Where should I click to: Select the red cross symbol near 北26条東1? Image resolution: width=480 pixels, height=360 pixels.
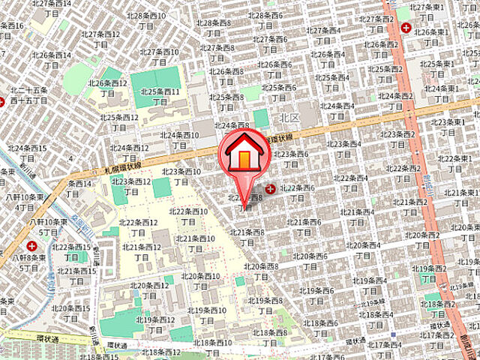[406, 28]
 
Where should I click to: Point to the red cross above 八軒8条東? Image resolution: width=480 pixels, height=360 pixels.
[31, 245]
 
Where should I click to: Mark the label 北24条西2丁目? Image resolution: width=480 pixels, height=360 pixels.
[396, 100]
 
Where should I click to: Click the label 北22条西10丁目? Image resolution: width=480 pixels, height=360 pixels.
[189, 216]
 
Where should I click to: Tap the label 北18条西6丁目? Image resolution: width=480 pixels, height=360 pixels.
[321, 328]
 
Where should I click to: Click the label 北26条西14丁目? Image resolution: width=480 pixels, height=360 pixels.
[52, 59]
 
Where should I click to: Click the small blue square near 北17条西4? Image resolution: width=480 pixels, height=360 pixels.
[393, 335]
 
